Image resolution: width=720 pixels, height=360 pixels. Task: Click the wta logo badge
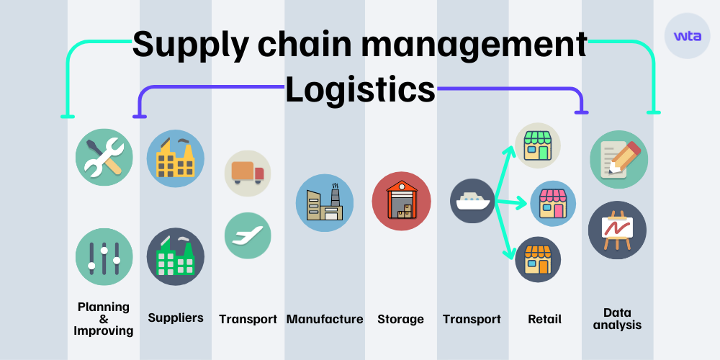tap(687, 35)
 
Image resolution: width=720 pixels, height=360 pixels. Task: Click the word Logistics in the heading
tap(360, 90)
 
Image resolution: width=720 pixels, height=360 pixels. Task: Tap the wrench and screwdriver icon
tap(104, 158)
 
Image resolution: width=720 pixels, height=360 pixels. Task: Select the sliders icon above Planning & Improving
tap(104, 257)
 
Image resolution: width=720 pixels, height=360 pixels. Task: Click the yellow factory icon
tap(175, 158)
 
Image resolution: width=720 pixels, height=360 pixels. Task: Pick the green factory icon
tap(175, 257)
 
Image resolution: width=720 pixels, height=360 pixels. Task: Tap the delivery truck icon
tap(248, 173)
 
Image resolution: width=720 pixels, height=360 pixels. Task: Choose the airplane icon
tap(248, 235)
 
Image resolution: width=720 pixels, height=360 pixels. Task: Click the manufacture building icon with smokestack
tap(325, 202)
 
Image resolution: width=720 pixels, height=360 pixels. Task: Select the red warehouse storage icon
tap(401, 201)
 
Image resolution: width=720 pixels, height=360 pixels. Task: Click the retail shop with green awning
tap(537, 145)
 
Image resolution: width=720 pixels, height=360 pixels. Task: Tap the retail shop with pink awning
tap(553, 204)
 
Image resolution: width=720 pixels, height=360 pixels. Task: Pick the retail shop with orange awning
tap(537, 260)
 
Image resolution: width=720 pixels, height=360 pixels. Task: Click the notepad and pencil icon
tap(618, 159)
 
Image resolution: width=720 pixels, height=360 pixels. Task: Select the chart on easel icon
tap(617, 230)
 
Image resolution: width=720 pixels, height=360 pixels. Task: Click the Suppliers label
tap(176, 318)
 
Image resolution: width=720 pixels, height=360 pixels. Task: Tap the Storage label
tap(400, 319)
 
